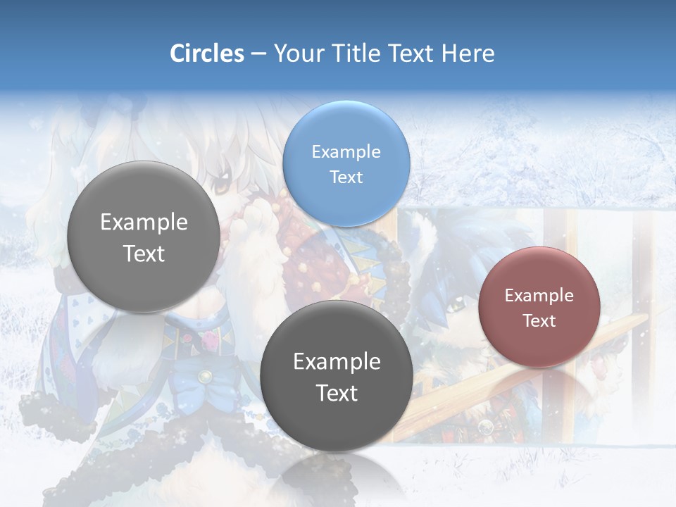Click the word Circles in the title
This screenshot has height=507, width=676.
(x=206, y=54)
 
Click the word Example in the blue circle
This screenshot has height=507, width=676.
(x=346, y=151)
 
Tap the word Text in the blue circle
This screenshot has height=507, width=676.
(x=346, y=177)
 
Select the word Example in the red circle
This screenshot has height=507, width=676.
(x=539, y=295)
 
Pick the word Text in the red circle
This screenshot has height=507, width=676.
(x=539, y=320)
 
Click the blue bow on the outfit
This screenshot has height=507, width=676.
(x=204, y=373)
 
